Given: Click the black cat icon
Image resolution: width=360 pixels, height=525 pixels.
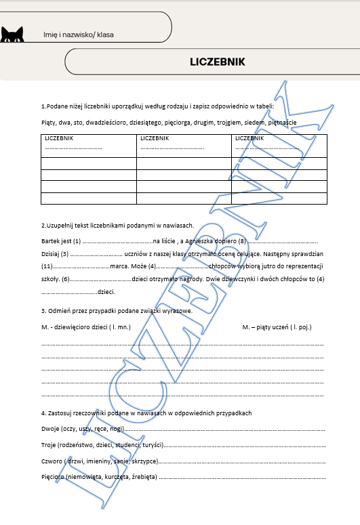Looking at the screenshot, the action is [x=12, y=35].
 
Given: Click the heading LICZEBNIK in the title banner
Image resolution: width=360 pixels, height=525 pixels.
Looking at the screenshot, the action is [x=218, y=62].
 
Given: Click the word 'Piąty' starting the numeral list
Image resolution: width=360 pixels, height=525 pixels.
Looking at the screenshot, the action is [x=49, y=123].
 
